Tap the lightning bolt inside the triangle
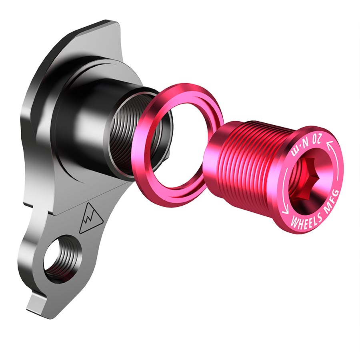(88, 219)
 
